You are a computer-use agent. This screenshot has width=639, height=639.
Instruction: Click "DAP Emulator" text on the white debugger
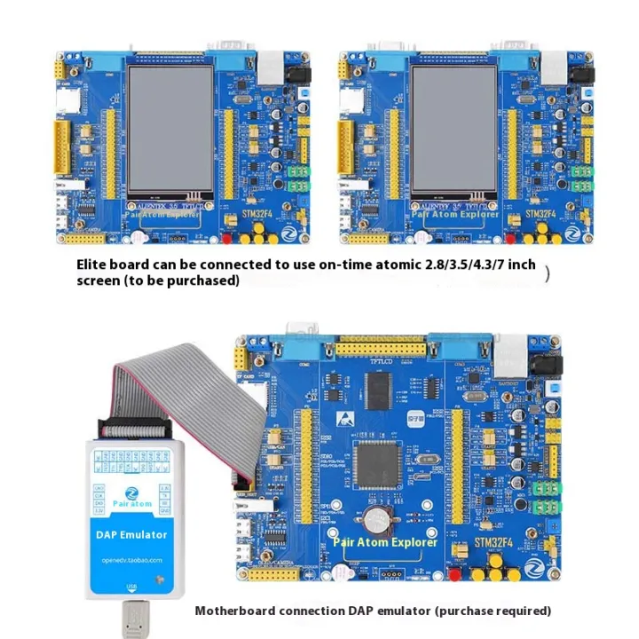point(131,534)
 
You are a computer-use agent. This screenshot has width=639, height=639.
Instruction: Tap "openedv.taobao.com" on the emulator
point(131,559)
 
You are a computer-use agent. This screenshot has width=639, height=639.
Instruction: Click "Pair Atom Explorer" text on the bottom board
point(385,541)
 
